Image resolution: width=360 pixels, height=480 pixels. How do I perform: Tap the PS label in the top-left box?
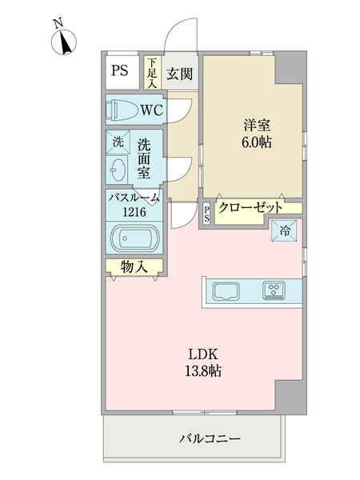120,70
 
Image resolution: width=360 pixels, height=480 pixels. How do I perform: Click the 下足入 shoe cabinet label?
151,71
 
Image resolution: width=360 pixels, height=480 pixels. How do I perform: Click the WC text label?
152,110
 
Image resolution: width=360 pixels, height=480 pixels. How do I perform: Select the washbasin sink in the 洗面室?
118,170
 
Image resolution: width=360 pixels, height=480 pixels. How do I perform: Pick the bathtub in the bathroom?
134,239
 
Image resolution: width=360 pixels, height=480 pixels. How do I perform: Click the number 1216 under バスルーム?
134,213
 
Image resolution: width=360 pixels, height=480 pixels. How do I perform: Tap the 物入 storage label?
134,267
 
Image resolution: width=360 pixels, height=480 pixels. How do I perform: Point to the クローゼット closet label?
250,206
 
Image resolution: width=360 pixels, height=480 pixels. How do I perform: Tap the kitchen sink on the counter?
226,290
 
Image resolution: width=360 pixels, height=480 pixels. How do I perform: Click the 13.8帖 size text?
204,371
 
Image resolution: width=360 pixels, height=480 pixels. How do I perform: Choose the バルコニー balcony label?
205,438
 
